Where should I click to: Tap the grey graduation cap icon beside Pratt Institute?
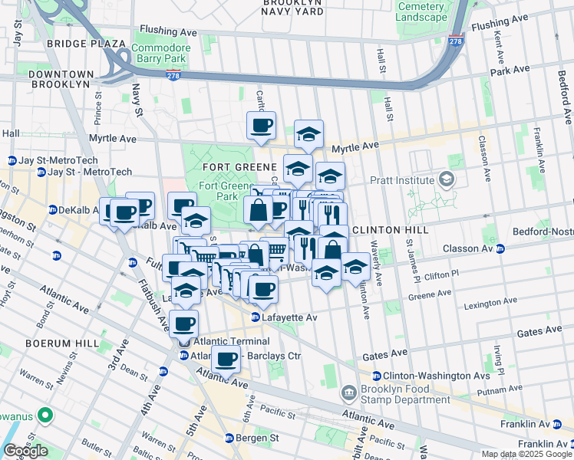(x=446, y=180)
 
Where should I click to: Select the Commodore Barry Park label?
(x=160, y=53)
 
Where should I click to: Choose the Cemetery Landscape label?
(x=421, y=11)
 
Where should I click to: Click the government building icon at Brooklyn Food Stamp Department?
(x=349, y=393)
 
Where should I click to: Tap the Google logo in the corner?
(x=25, y=451)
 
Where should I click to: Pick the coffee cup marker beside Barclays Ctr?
(x=226, y=360)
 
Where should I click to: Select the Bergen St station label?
(x=253, y=438)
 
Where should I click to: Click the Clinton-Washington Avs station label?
(x=426, y=376)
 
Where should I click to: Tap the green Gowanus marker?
(x=44, y=416)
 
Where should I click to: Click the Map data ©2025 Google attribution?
(x=526, y=454)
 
